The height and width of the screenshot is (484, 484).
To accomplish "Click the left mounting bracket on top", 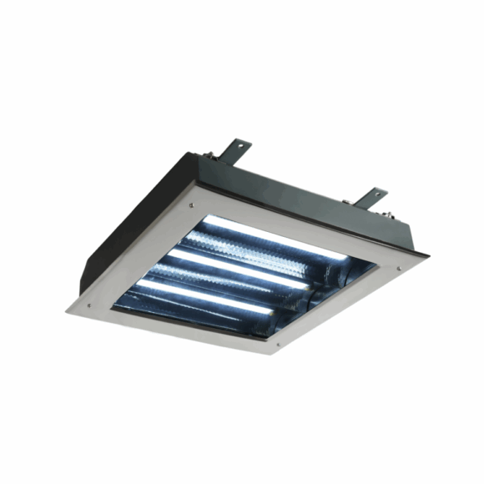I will (x=235, y=151).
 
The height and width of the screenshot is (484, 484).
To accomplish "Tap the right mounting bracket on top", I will (x=373, y=198).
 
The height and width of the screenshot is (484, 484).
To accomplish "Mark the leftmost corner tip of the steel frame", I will (x=66, y=311).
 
